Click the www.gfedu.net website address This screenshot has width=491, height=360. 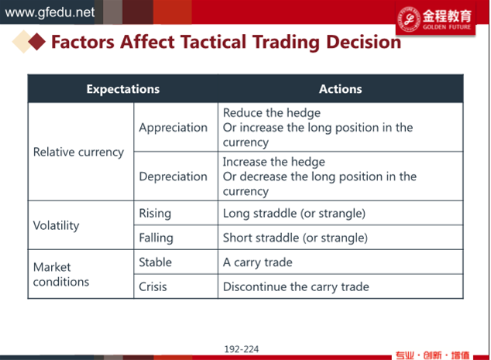pyautogui.click(x=50, y=12)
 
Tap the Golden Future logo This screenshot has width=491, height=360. pyautogui.click(x=435, y=19)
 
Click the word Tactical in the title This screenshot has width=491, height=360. pyautogui.click(x=213, y=42)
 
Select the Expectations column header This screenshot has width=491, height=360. pyautogui.click(x=123, y=89)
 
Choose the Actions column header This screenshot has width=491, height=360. pyautogui.click(x=341, y=89)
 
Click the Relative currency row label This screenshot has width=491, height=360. pyautogui.click(x=78, y=153)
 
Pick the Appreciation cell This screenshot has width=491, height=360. pyautogui.click(x=173, y=128)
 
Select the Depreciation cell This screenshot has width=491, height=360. pyautogui.click(x=173, y=177)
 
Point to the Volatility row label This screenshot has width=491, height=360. pyautogui.click(x=56, y=225)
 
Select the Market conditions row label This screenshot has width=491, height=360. pyautogui.click(x=61, y=275)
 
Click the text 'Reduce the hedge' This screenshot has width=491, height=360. pyautogui.click(x=272, y=113)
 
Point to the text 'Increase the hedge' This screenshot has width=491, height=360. pyautogui.click(x=274, y=162)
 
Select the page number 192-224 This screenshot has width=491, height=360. pyautogui.click(x=242, y=349)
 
